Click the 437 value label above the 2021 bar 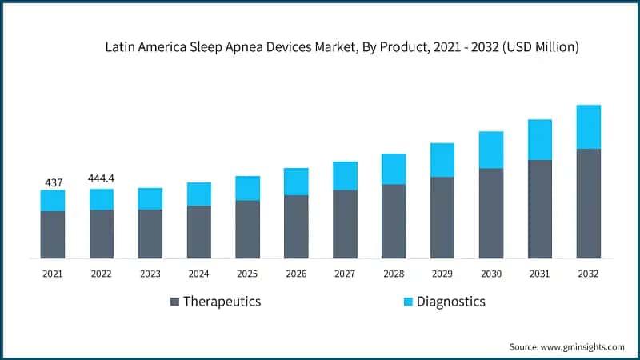pos(53,183)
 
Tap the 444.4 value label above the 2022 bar pos(102,182)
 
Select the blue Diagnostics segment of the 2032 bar pos(588,126)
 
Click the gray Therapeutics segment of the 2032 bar pos(588,203)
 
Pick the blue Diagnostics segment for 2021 pos(53,201)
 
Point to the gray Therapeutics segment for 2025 pos(247,229)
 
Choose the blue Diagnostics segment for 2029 pos(442,160)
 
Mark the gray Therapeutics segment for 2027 pos(345,224)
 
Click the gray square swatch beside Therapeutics pos(174,302)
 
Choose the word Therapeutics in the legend pos(222,302)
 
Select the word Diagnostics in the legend pos(450,302)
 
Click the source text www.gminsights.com pos(583,346)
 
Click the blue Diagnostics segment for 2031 pos(539,139)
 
